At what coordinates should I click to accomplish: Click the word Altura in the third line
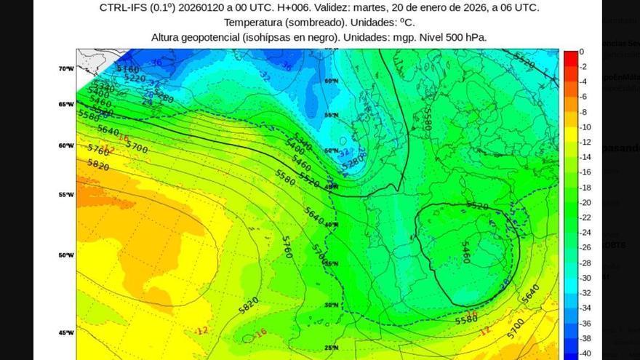click(168, 36)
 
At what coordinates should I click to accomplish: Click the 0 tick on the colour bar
click(581, 52)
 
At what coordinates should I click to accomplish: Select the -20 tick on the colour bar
click(584, 202)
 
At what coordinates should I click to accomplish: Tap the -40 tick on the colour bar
click(584, 353)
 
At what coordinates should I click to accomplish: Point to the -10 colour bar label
click(584, 127)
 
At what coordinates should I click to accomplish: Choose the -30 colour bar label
click(584, 278)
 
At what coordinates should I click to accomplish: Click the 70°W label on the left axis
click(66, 68)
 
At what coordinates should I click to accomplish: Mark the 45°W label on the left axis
click(66, 333)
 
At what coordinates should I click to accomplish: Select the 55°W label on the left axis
click(66, 195)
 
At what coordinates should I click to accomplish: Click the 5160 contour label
click(128, 69)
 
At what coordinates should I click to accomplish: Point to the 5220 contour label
click(135, 78)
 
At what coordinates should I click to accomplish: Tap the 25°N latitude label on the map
click(332, 348)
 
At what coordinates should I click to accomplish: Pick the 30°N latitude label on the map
click(332, 305)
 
